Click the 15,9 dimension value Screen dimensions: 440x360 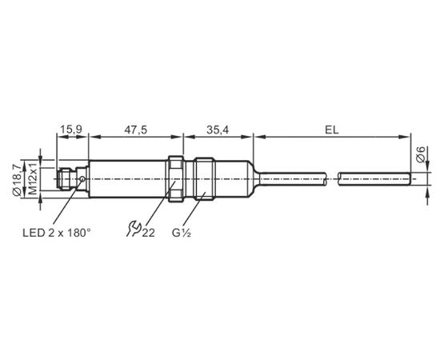[x=71, y=130]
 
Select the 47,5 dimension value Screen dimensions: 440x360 [x=136, y=130]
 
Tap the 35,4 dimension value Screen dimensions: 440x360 [x=218, y=130]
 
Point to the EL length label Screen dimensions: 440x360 [x=332, y=130]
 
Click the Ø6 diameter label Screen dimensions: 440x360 [x=421, y=154]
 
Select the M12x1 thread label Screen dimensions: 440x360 [x=33, y=178]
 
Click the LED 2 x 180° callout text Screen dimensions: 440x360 [x=57, y=233]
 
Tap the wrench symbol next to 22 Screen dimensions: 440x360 [x=134, y=229]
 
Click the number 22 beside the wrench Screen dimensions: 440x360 [x=148, y=233]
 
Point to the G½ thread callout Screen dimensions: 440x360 [x=182, y=233]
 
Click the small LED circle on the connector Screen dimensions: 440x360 [x=82, y=178]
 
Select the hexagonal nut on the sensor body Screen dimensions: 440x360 [x=176, y=179]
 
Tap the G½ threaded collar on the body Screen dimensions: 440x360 [x=205, y=179]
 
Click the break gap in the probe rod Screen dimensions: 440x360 [x=333, y=179]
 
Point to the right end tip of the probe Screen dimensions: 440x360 [x=410, y=179]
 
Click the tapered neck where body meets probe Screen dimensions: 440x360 [x=254, y=179]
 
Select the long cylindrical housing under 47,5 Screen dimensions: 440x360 [x=129, y=179]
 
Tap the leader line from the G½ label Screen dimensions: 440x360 [x=194, y=210]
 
